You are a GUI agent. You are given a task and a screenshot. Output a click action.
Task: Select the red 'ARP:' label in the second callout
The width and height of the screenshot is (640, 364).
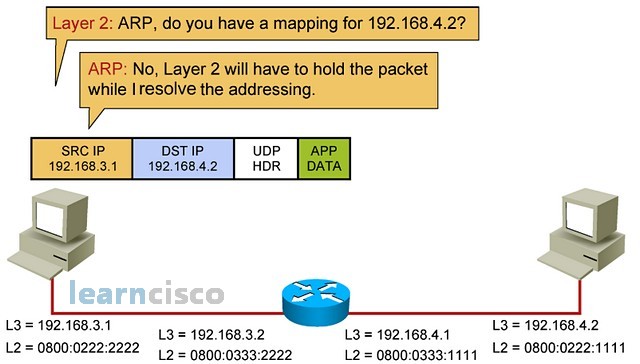[x=109, y=71]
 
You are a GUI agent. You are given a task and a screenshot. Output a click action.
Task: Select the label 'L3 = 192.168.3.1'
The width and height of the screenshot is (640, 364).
[x=59, y=325]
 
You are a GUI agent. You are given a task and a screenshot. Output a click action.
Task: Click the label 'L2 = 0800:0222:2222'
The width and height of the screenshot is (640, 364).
[x=71, y=347]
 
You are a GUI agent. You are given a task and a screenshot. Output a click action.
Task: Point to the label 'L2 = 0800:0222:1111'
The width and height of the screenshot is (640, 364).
[x=564, y=347]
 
